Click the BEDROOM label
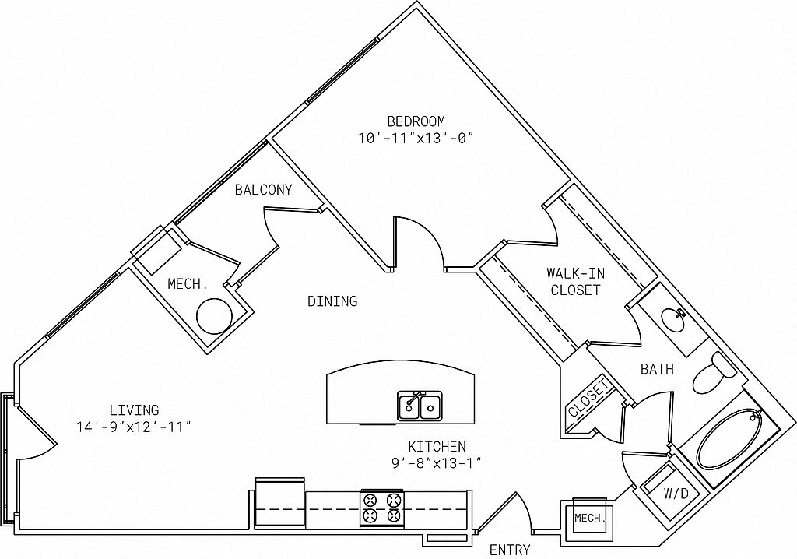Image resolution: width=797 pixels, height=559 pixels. click(x=416, y=121)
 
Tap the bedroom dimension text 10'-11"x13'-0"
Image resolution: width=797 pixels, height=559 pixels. click(x=416, y=138)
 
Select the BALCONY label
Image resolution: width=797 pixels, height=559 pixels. click(x=263, y=189)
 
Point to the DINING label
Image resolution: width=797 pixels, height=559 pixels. click(x=332, y=301)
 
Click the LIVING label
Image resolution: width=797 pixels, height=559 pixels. click(x=134, y=410)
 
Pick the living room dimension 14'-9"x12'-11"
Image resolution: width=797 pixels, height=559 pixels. click(x=134, y=427)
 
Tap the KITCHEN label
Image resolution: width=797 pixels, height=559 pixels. click(x=437, y=447)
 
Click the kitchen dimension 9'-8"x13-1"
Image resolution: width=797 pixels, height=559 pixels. click(x=437, y=463)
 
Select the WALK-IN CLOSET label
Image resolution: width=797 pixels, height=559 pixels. click(x=575, y=282)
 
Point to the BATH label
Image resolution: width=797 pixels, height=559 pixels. click(x=657, y=369)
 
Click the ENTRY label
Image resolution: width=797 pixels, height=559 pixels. click(x=510, y=550)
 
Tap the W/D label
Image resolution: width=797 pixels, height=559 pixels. click(x=676, y=494)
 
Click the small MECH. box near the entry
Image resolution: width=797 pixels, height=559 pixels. click(x=589, y=518)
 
